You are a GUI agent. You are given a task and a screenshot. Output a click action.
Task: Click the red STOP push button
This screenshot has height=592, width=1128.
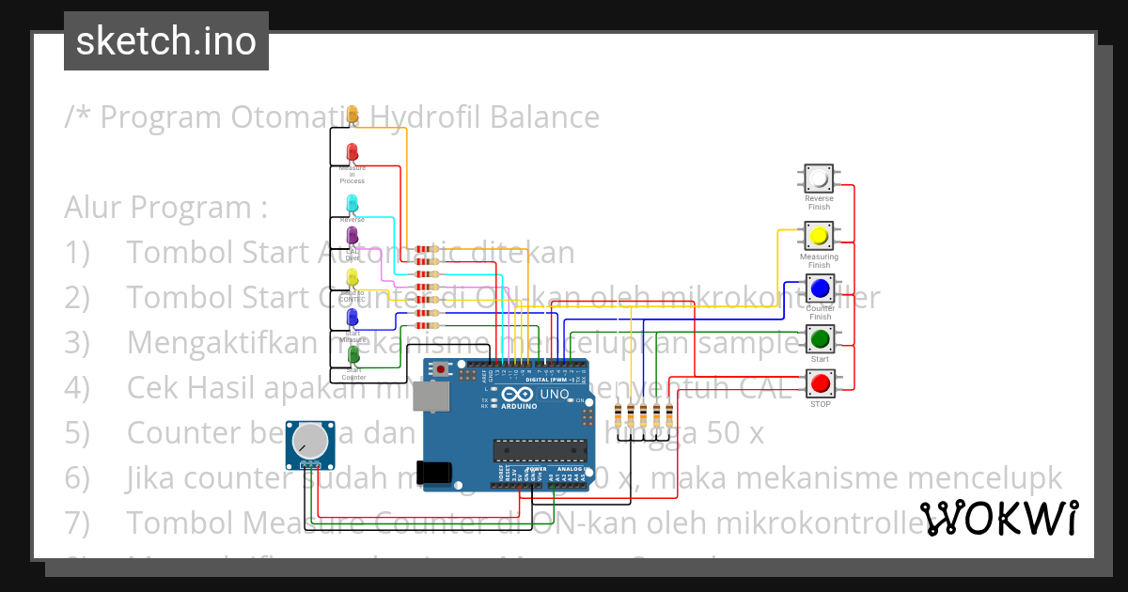coord(820,383)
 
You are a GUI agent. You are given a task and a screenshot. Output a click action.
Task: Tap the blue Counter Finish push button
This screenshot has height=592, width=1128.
coord(820,287)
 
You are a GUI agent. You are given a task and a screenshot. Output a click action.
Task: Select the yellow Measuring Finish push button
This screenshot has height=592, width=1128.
coord(819,235)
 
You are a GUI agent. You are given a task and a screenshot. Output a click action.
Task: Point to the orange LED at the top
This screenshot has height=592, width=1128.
coord(352,115)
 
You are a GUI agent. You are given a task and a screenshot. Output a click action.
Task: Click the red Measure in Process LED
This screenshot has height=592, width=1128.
coord(352,152)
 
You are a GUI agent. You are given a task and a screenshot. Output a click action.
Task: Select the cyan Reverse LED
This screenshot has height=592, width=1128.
coord(352,203)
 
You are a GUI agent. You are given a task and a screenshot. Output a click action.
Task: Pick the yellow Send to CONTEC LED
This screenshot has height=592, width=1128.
coord(352,277)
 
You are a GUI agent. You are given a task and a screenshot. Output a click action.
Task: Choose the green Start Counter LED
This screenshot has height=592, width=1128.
coord(353,355)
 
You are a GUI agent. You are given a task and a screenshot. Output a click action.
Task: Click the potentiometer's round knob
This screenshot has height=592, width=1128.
coord(310,441)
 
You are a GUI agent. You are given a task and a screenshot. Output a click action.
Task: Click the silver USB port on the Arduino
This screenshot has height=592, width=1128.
coord(434,400)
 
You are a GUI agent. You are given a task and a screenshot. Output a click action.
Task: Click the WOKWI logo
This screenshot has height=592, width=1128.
coord(999,518)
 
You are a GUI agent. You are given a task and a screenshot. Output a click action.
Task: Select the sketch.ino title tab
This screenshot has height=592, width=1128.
coord(166,41)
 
